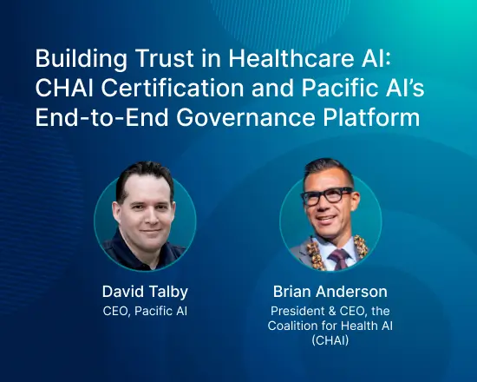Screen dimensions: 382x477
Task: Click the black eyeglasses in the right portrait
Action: tap(329, 195)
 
